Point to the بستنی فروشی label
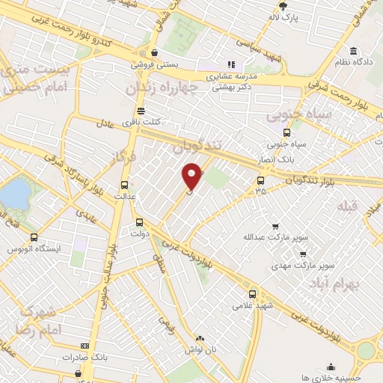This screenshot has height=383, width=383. [x=153, y=65]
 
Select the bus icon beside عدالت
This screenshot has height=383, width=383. [x=125, y=185]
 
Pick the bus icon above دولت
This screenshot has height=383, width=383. [x=139, y=222]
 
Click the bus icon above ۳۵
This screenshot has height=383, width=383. [x=260, y=180]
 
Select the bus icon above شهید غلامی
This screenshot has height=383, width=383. [x=252, y=294]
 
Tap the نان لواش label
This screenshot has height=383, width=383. [x=202, y=349]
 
